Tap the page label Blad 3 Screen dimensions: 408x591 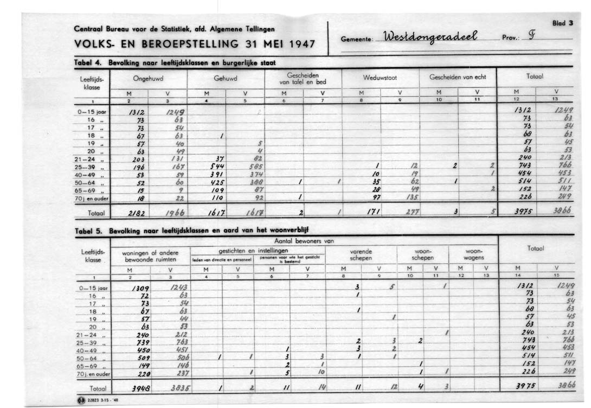562,23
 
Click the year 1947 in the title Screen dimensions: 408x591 295,44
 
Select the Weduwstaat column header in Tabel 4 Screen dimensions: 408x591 380,77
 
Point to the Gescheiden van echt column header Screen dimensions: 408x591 458,77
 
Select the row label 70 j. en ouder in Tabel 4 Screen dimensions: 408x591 94,199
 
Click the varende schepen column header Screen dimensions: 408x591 361,255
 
